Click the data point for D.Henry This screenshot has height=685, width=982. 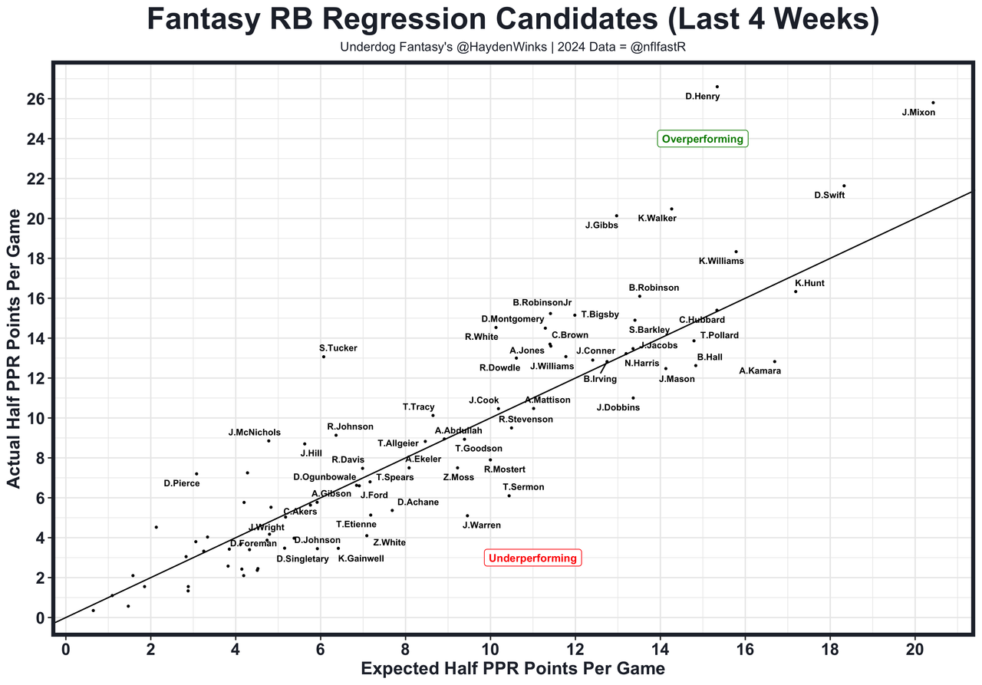click(x=717, y=87)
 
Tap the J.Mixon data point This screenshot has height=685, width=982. click(x=933, y=103)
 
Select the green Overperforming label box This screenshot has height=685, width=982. click(x=702, y=139)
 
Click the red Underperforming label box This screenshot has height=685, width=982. click(x=532, y=558)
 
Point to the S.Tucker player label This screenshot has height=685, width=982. click(x=338, y=348)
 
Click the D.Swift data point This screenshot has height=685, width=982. click(x=844, y=186)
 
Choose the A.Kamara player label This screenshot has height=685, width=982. click(x=760, y=371)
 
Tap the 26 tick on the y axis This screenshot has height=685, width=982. click(x=36, y=99)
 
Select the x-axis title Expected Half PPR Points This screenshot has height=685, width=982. click(x=512, y=669)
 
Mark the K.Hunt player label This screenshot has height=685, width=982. click(x=809, y=283)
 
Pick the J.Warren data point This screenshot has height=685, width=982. click(x=467, y=515)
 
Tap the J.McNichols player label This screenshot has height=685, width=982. click(x=255, y=433)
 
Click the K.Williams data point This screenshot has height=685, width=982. click(x=736, y=252)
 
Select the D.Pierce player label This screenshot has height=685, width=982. click(x=182, y=484)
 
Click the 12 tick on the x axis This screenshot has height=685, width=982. click(x=575, y=649)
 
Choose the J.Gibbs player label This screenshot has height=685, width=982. click(x=601, y=226)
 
